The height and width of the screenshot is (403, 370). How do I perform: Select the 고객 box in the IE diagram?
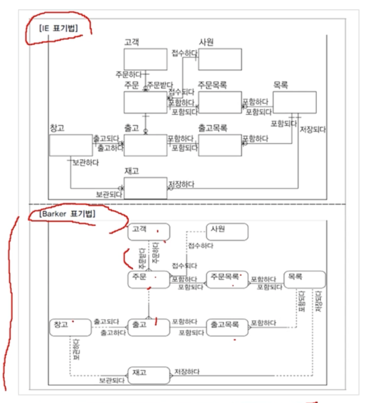[146, 59]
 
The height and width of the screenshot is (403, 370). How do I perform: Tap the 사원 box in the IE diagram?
[220, 59]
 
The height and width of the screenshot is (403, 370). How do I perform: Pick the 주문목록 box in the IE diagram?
[220, 102]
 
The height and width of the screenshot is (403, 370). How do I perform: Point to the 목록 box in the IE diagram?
[295, 102]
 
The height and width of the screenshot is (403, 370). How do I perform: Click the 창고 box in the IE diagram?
[71, 145]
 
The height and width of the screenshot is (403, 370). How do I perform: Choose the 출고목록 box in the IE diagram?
[220, 145]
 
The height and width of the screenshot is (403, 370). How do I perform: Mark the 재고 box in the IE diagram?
[146, 188]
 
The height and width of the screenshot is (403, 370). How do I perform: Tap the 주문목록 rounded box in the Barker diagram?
[227, 279]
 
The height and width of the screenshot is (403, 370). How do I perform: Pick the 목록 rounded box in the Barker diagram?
[304, 279]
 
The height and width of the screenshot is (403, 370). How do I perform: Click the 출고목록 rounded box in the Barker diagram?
[227, 326]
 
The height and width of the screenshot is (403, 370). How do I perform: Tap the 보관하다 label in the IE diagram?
[85, 162]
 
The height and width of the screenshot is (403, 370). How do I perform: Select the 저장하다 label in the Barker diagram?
[187, 371]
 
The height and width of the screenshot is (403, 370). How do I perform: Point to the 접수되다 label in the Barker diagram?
[184, 265]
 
